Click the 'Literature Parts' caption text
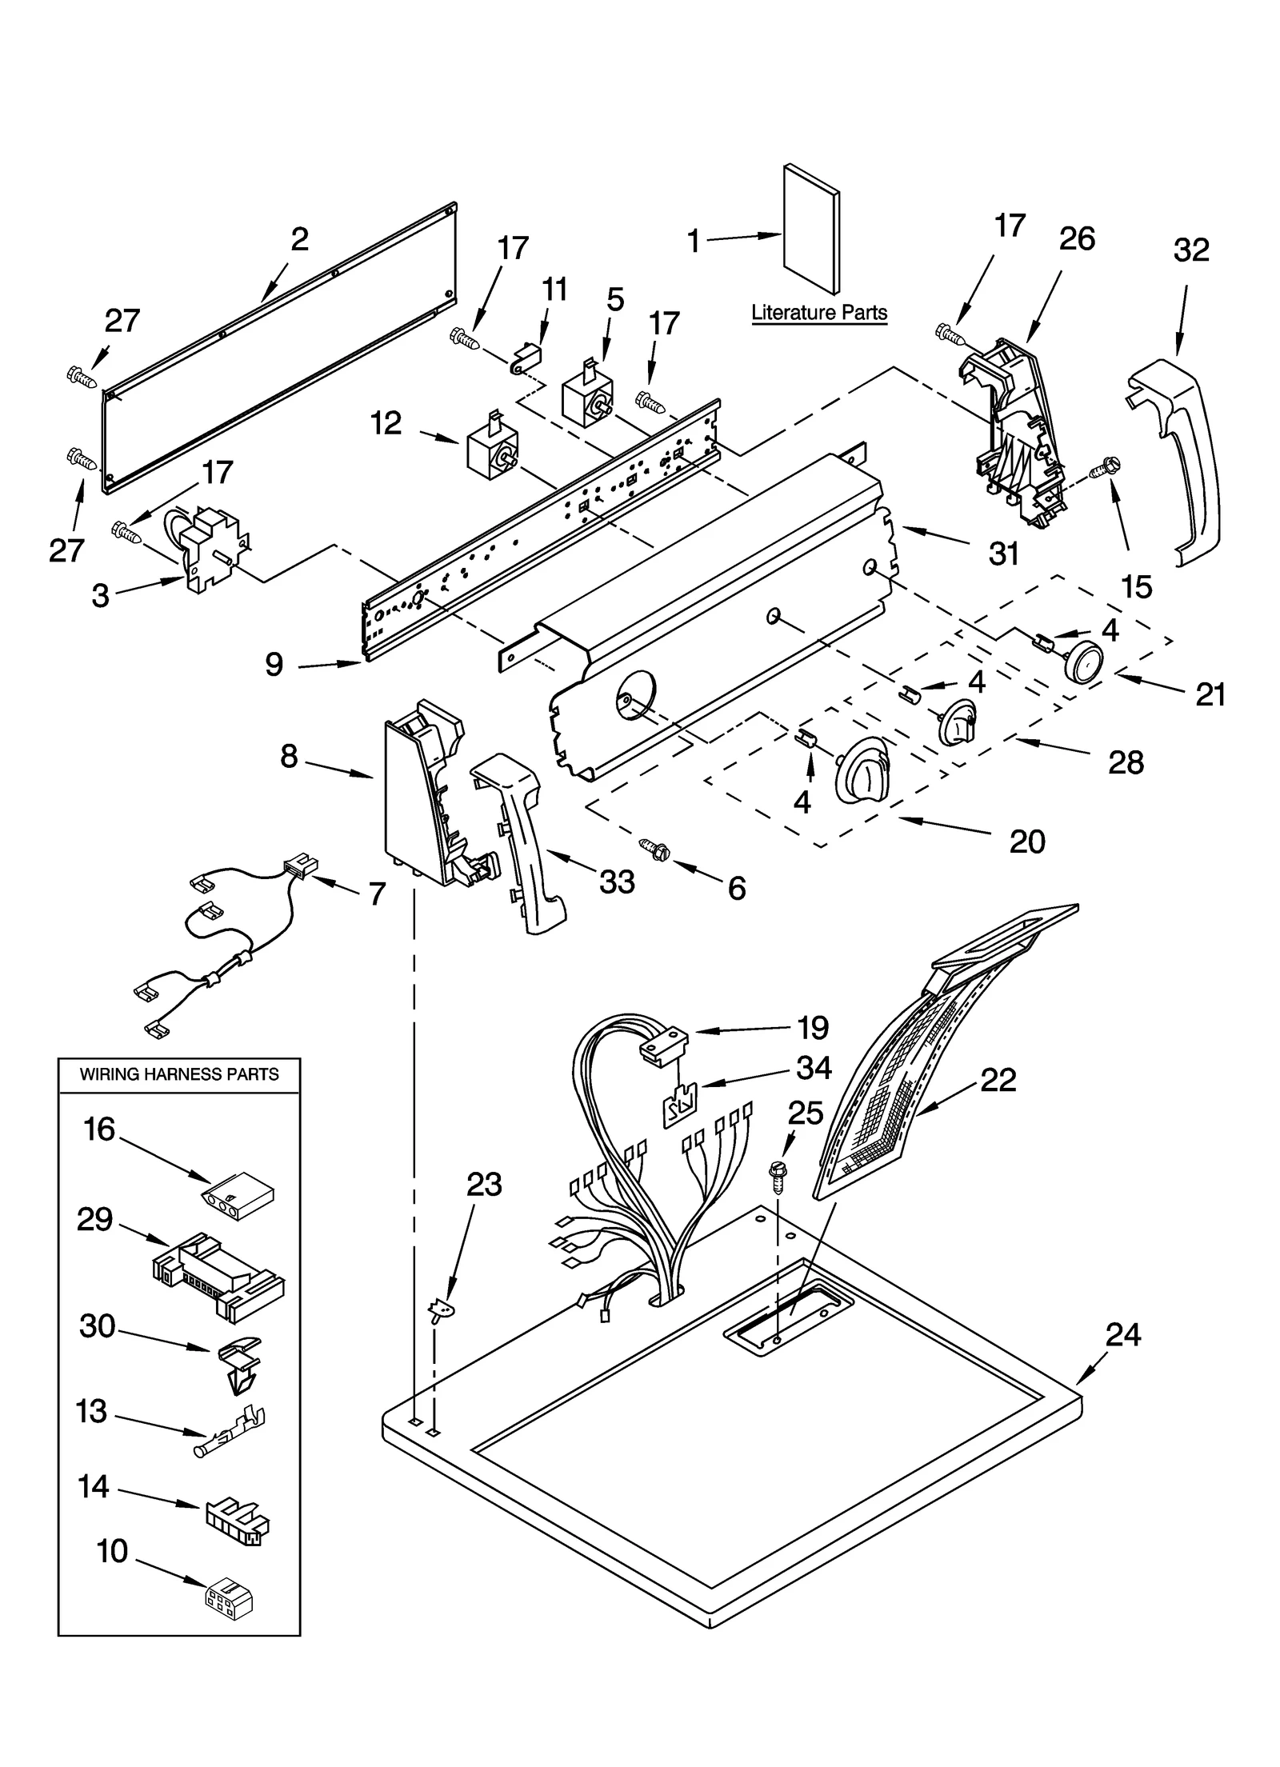click(x=818, y=312)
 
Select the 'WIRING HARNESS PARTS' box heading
click(x=178, y=1074)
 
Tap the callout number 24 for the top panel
click(x=1122, y=1334)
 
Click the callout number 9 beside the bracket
click(x=274, y=664)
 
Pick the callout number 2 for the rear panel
click(x=298, y=238)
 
